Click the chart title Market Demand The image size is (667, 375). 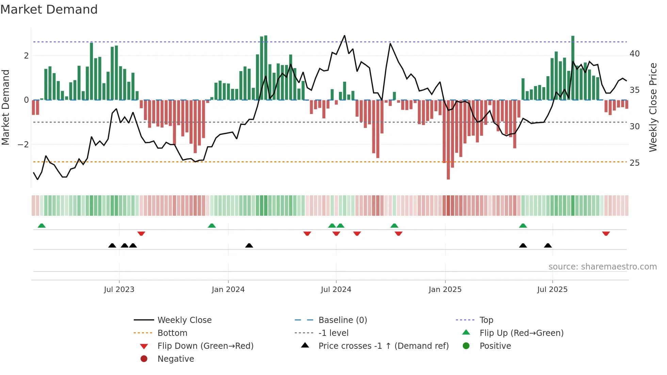pyautogui.click(x=49, y=10)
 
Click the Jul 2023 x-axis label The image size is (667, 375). pyautogui.click(x=119, y=290)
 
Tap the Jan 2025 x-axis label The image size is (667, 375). pyautogui.click(x=445, y=290)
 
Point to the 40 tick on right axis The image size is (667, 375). pyautogui.click(x=634, y=54)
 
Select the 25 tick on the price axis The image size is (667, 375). pyautogui.click(x=634, y=163)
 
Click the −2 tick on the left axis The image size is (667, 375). pyautogui.click(x=23, y=145)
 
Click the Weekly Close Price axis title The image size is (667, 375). pyautogui.click(x=653, y=107)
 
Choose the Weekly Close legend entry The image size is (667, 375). pyautogui.click(x=184, y=320)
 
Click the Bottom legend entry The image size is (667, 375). pyautogui.click(x=172, y=333)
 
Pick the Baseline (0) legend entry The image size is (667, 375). pyautogui.click(x=342, y=320)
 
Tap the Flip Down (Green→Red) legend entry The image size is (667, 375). pyautogui.click(x=205, y=346)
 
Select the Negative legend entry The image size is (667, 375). pyautogui.click(x=176, y=359)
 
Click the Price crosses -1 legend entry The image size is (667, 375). pyautogui.click(x=383, y=346)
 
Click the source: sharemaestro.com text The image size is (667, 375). pyautogui.click(x=602, y=267)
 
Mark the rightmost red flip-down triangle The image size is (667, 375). pyautogui.click(x=606, y=233)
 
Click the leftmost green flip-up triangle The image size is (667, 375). pyautogui.click(x=42, y=226)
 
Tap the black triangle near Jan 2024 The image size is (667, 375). pyautogui.click(x=249, y=245)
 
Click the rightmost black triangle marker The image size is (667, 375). pyautogui.click(x=548, y=245)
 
